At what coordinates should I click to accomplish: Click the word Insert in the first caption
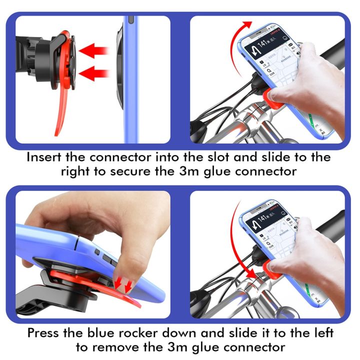click(x=44, y=156)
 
